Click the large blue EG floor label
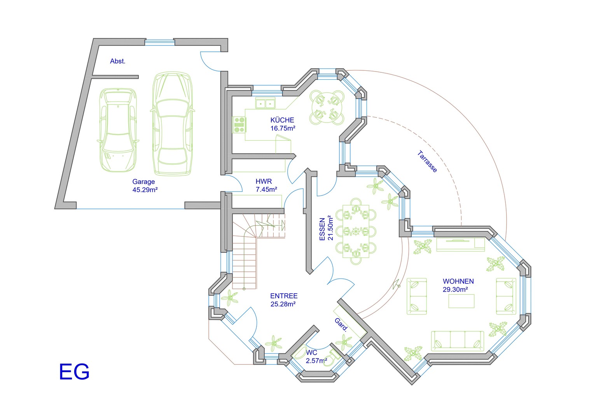tap(74, 371)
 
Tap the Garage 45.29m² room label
tap(144, 186)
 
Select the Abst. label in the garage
tap(117, 61)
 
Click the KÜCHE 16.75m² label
tap(283, 124)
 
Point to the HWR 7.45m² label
tap(266, 185)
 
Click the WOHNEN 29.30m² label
tap(458, 285)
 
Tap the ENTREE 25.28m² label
tap(283, 300)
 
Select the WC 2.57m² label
tap(316, 357)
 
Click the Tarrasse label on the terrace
tap(427, 161)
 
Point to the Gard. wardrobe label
tap(341, 324)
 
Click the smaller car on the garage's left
tap(118, 129)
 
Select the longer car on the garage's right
tap(172, 124)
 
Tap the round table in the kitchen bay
tap(327, 107)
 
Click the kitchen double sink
tap(265, 103)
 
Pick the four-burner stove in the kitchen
tap(239, 125)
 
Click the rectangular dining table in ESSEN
tap(356, 231)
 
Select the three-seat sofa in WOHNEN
tap(458, 341)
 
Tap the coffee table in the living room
tap(461, 301)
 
